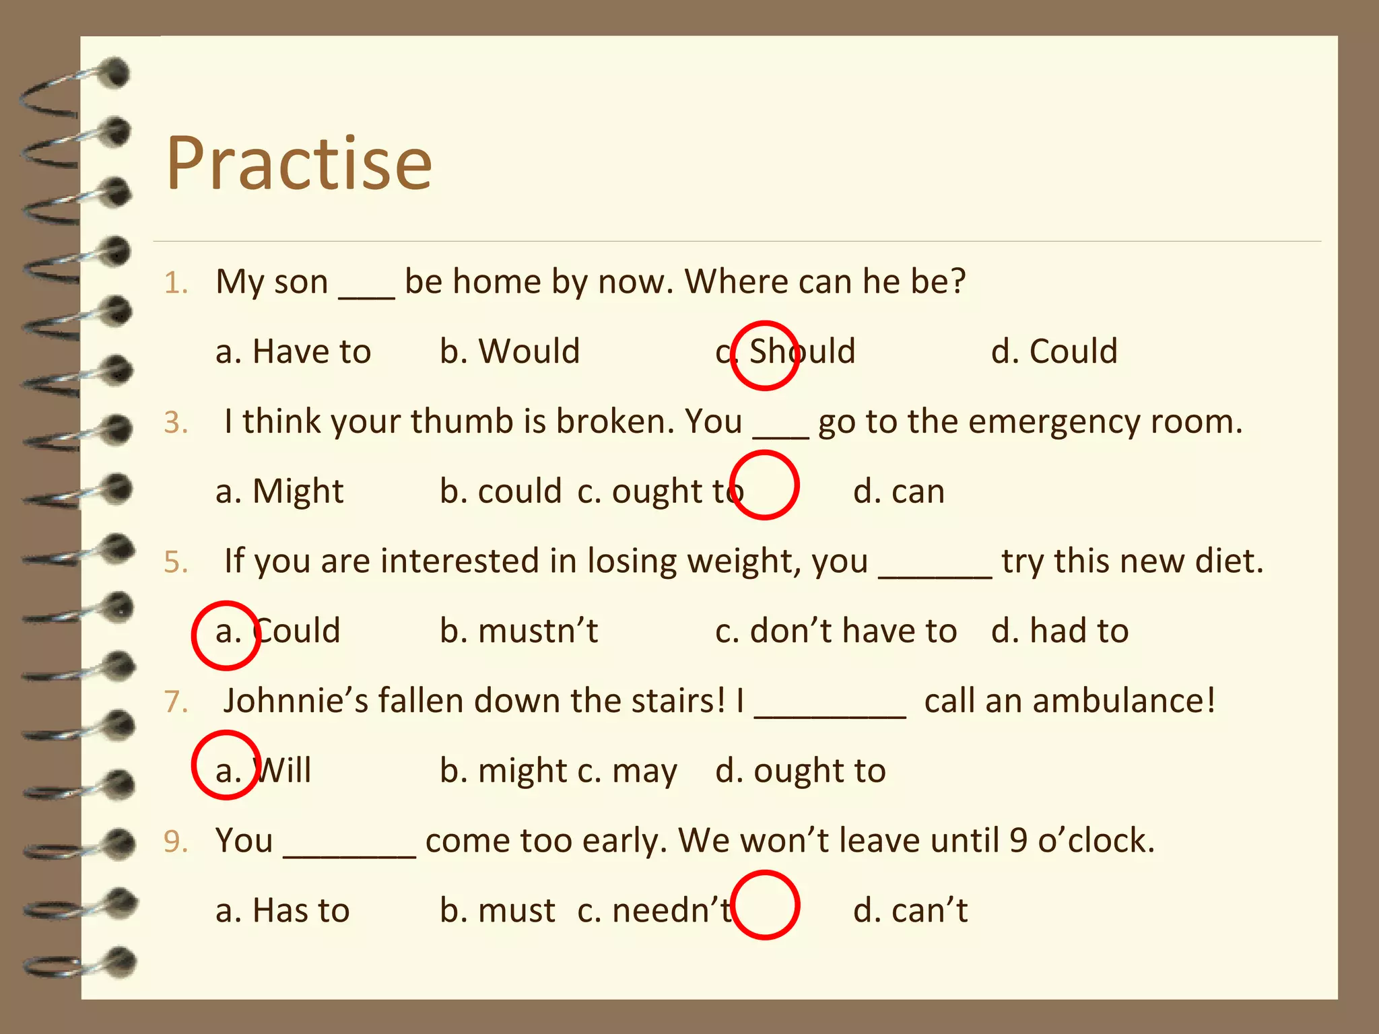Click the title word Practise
[x=298, y=164]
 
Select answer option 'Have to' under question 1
[x=294, y=352]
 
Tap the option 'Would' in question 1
[x=510, y=352]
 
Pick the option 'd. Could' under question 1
[x=1054, y=352]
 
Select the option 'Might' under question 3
[x=279, y=492]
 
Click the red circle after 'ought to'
[x=765, y=485]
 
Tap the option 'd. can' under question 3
[x=899, y=492]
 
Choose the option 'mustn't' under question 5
[x=518, y=631]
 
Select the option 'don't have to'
[x=836, y=631]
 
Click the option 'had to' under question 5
[x=1060, y=631]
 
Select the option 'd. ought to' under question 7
[x=801, y=771]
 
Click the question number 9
[x=175, y=842]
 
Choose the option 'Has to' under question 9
[x=283, y=911]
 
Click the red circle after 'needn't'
[x=766, y=905]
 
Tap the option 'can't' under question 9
[x=910, y=911]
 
